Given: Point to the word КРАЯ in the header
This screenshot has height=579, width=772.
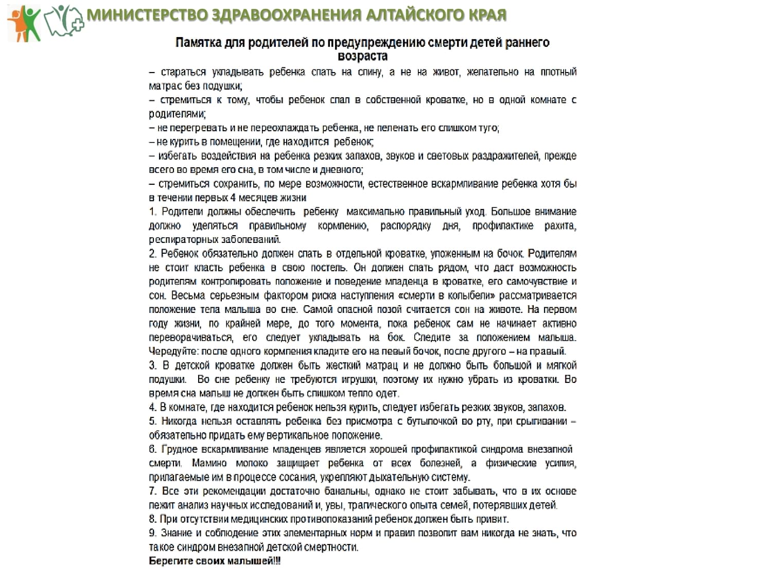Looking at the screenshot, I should (486, 15).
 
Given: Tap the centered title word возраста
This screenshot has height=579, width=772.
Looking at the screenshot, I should (362, 56).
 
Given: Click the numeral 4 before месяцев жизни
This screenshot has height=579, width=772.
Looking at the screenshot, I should (233, 198).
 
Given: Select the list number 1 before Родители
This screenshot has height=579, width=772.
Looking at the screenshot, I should (152, 212).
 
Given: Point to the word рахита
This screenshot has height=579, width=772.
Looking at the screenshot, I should (560, 225).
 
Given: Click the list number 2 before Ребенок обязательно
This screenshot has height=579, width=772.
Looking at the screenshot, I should (152, 253).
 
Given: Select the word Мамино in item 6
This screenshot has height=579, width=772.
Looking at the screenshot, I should (209, 463).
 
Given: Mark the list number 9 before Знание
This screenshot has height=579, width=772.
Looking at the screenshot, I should (152, 533).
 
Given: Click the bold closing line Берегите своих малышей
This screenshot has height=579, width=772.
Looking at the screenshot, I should (215, 561).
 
